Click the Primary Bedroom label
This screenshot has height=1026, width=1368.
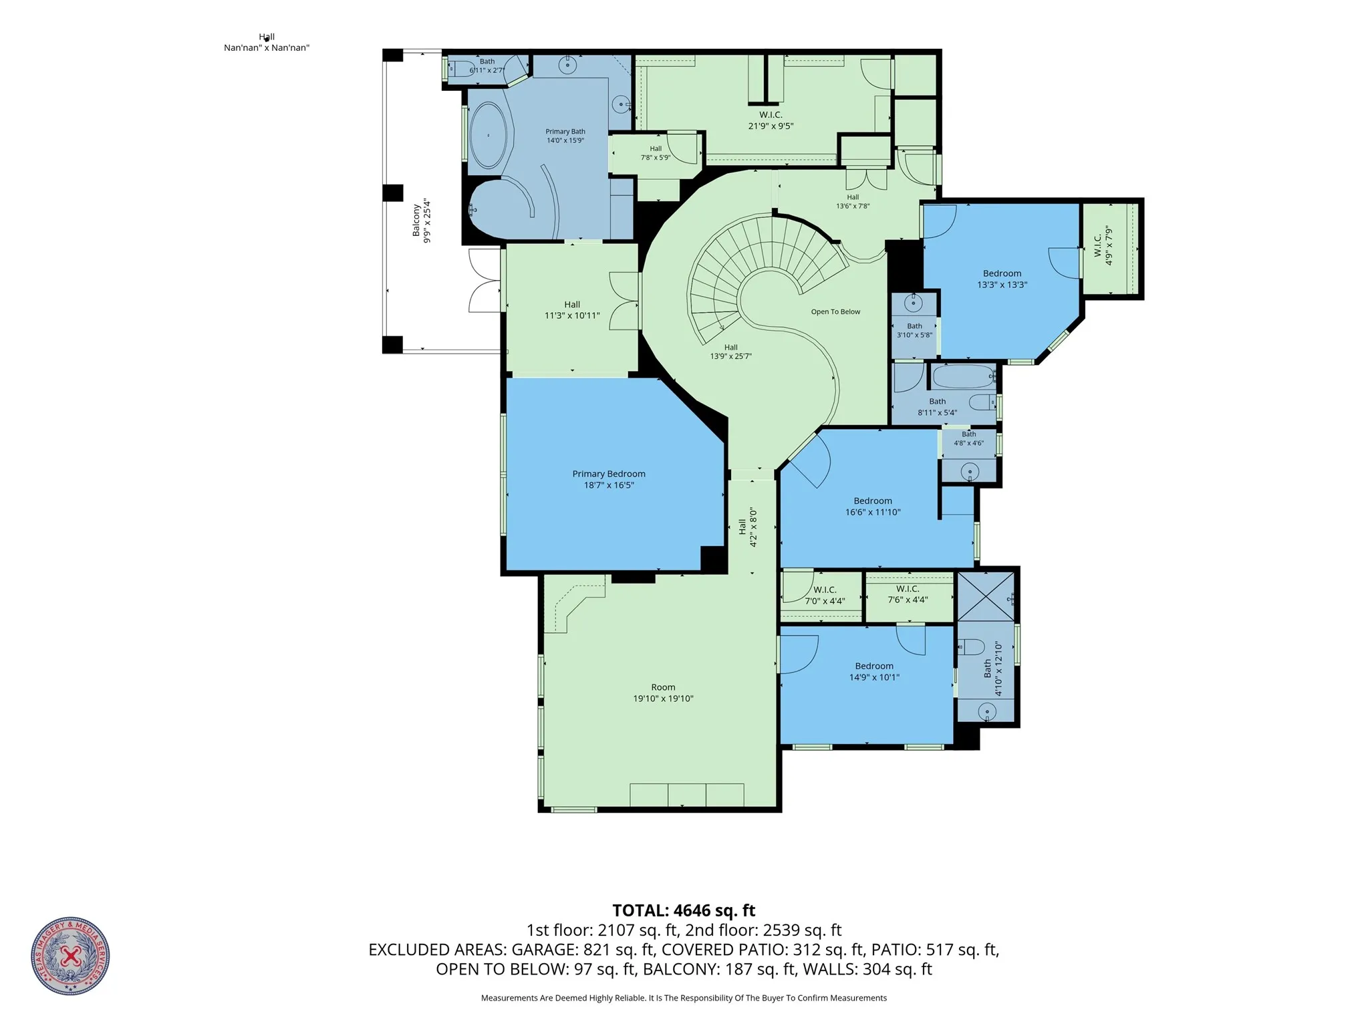click(608, 479)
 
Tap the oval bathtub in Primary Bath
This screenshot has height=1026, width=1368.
click(489, 136)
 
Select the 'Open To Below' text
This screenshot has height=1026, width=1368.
click(835, 311)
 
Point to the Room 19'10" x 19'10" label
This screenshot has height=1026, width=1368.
click(663, 692)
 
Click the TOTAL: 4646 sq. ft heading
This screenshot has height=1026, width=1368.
click(684, 910)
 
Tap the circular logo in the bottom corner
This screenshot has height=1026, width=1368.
click(70, 956)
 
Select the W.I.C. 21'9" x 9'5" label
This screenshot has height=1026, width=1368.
click(771, 120)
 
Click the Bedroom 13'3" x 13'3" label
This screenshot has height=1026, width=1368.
click(1002, 279)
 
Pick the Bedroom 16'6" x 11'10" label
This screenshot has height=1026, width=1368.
click(873, 507)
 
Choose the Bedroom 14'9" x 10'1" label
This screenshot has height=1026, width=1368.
click(874, 671)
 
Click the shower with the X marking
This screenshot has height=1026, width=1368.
click(986, 596)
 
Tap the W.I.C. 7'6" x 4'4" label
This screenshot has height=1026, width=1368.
click(908, 594)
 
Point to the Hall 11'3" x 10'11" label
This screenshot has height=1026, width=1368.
click(572, 310)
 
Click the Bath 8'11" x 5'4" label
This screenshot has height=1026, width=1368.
click(937, 407)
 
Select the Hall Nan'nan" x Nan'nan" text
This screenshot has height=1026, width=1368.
click(267, 42)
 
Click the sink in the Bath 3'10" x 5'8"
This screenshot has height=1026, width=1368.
click(914, 303)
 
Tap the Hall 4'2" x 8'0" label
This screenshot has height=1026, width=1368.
click(748, 527)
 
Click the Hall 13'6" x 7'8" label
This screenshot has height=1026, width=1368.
click(853, 201)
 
